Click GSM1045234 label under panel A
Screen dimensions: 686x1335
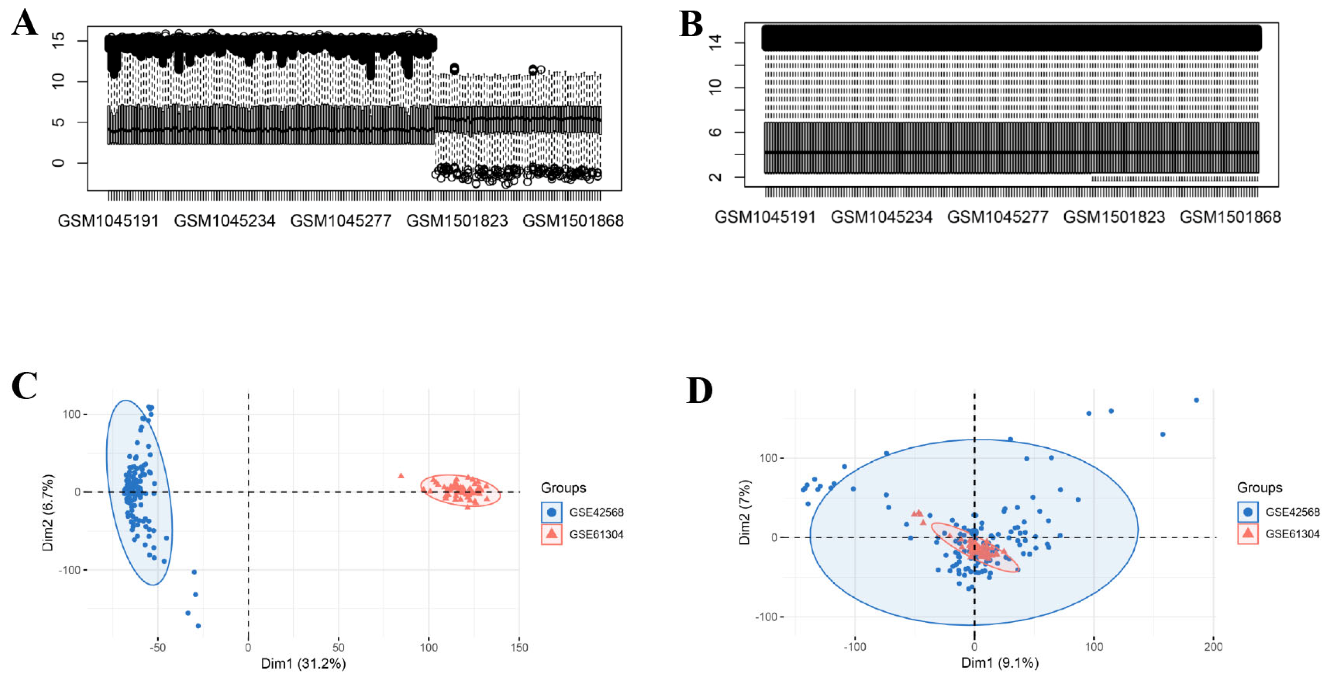[224, 221]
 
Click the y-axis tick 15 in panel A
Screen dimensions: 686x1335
[59, 40]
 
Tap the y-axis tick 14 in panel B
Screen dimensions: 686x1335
[715, 43]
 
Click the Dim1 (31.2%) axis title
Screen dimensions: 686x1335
[303, 664]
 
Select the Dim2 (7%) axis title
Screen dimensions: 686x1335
[745, 512]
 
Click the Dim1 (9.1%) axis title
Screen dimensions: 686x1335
[1000, 663]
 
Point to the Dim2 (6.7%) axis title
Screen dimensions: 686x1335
[48, 512]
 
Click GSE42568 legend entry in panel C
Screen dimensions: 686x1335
[596, 512]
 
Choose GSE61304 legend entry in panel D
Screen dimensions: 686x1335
[1292, 534]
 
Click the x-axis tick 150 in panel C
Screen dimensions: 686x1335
[519, 647]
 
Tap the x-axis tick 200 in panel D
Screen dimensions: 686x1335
[1213, 647]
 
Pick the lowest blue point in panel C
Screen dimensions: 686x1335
[198, 626]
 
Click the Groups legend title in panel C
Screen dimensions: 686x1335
[563, 488]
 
